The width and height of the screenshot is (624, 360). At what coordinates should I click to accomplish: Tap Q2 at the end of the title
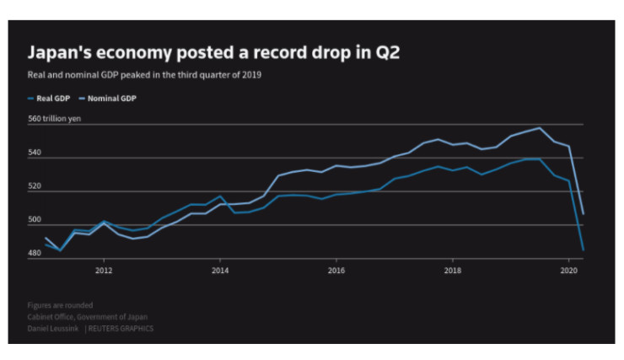coord(387,53)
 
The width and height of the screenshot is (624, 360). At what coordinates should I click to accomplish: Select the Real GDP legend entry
coord(51,98)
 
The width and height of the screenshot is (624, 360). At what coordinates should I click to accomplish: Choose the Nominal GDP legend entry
coord(111,98)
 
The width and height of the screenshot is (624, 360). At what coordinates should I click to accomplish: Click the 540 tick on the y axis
coord(35,153)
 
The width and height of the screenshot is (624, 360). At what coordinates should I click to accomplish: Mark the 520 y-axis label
coord(35,186)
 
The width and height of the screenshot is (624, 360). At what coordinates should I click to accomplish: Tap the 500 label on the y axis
coord(35,220)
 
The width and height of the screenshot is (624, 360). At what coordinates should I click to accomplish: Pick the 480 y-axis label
coord(35,253)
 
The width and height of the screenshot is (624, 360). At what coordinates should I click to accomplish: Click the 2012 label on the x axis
coord(104,271)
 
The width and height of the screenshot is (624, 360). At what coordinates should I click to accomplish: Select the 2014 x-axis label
coord(220,271)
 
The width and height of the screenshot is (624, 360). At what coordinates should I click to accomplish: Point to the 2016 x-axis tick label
coord(336,271)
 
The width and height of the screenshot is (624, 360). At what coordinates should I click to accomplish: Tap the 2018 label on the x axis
coord(453,271)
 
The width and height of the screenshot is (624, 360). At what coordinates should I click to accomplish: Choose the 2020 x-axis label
coord(569,271)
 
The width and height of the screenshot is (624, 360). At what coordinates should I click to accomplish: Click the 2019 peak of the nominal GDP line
coord(540,128)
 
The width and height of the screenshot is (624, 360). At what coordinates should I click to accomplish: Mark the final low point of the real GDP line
coord(584,250)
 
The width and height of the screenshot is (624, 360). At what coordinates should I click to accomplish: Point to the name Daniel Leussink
coord(55,328)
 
